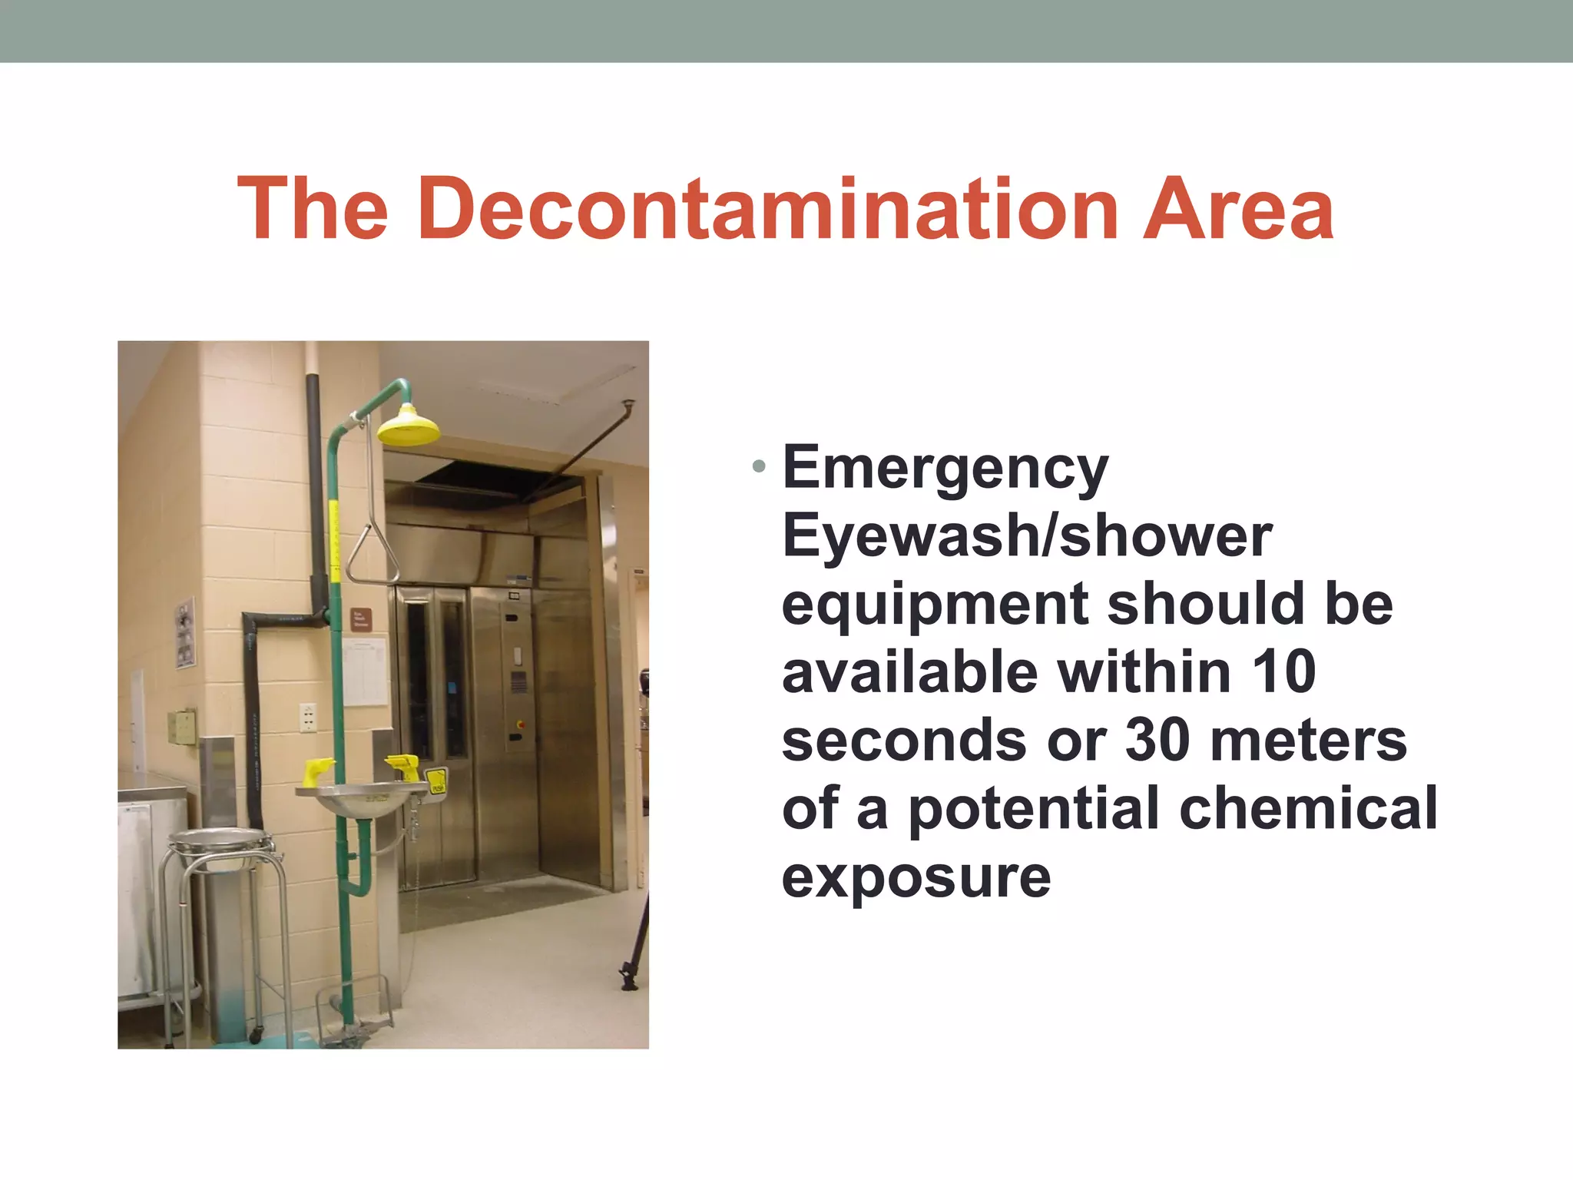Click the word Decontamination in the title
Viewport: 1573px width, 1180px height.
768,209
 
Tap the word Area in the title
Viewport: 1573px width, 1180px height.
1238,209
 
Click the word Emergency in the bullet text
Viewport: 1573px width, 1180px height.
945,469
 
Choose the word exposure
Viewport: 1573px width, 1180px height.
916,877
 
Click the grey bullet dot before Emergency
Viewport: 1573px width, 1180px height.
759,466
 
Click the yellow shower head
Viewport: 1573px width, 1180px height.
408,426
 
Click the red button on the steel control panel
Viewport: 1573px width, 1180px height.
521,724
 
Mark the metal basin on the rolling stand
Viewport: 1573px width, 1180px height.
220,840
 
